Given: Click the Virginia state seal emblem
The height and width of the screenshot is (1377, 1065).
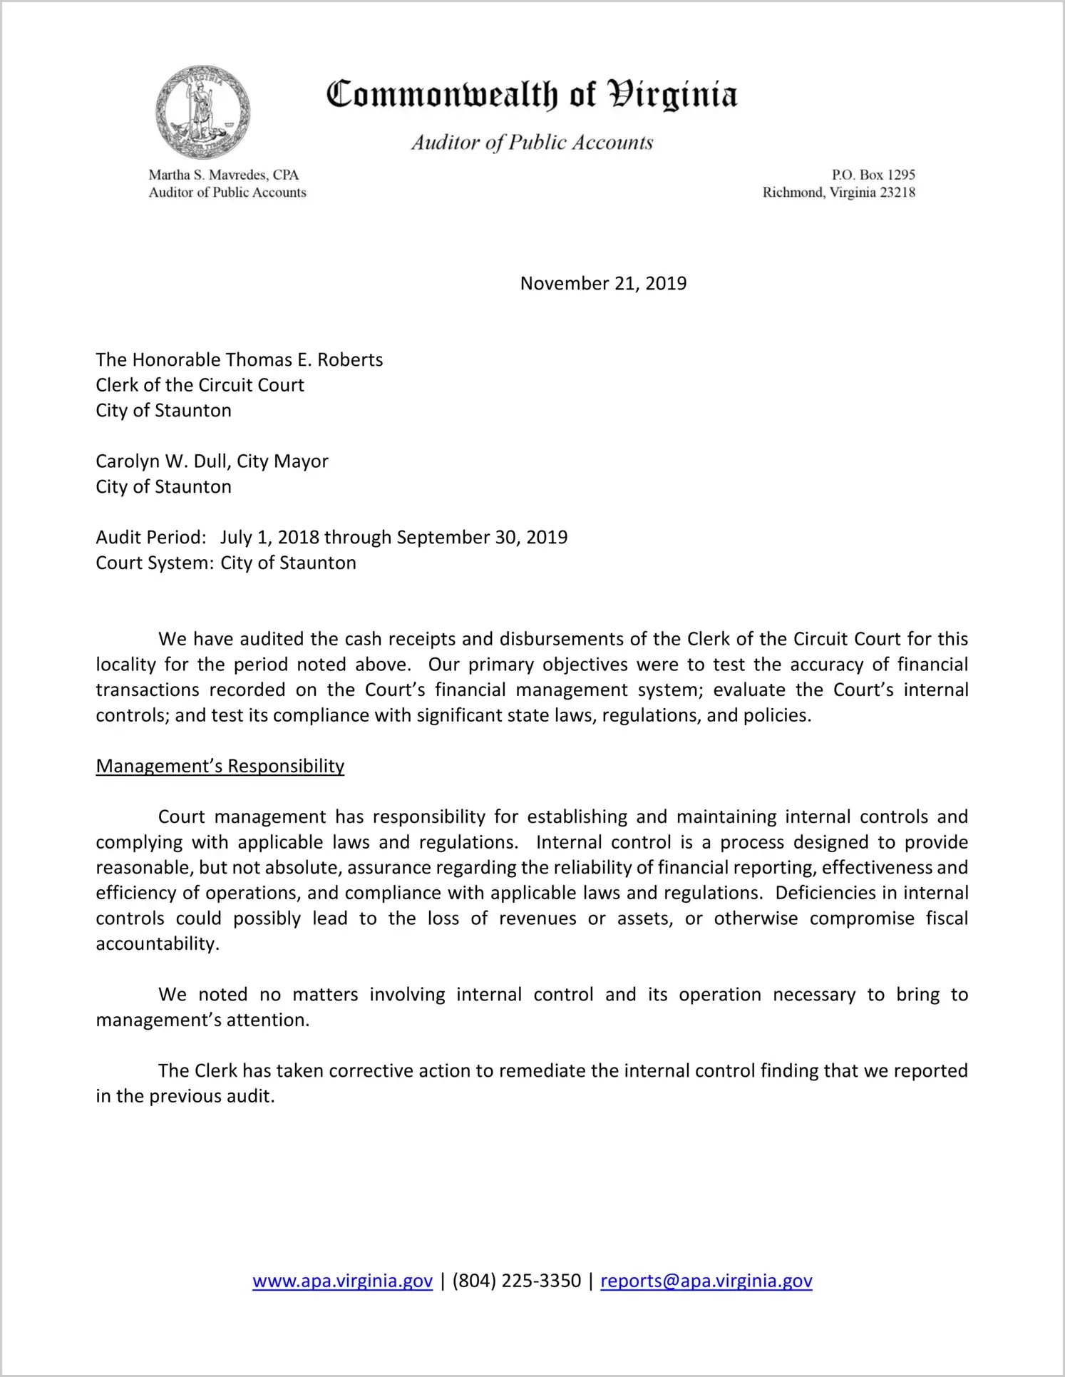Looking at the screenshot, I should coord(203,113).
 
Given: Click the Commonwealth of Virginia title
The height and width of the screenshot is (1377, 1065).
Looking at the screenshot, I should coord(532,96).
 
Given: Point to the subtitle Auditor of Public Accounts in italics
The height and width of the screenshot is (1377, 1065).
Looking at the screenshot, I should coord(532,143).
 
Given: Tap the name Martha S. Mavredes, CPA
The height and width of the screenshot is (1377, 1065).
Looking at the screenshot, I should coord(223,175).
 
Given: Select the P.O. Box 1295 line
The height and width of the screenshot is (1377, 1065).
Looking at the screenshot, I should coord(873,175).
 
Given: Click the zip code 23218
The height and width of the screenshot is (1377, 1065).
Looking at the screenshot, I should coord(897,193).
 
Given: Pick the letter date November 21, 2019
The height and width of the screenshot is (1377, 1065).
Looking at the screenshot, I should coord(603,283).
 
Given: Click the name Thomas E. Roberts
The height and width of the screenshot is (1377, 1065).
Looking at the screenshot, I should coord(304,359).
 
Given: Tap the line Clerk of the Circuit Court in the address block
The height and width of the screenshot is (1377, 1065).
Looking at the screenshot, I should coord(200,385).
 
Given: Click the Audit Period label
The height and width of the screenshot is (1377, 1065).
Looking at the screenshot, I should coord(150,537).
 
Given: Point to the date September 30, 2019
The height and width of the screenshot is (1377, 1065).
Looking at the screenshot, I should coord(482,537).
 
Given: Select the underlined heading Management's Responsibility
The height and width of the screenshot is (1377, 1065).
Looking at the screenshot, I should coord(220,766).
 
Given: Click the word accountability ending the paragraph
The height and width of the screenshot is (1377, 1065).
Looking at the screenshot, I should coord(157,944).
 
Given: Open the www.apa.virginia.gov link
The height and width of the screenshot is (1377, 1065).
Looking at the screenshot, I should coord(342,1281).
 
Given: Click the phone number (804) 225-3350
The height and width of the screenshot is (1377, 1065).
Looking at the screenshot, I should coord(516,1281).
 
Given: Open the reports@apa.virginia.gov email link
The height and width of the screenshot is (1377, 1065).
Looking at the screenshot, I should coord(706,1281).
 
